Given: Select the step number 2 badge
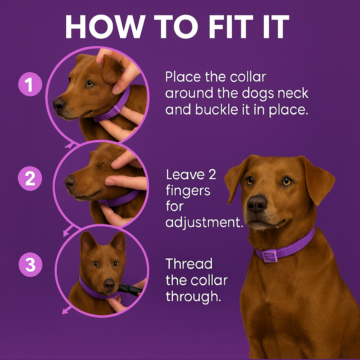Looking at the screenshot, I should tap(30, 179).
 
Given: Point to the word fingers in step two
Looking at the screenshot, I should tap(188, 191).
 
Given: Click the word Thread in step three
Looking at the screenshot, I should tap(189, 264).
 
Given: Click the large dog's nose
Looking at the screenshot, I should tap(257, 203).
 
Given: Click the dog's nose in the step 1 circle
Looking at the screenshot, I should tap(59, 104).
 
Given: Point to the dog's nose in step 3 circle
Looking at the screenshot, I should tap(109, 284).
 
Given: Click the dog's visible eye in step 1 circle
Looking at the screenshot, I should tap(89, 84).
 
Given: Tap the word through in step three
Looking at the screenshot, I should tap(193, 296).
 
